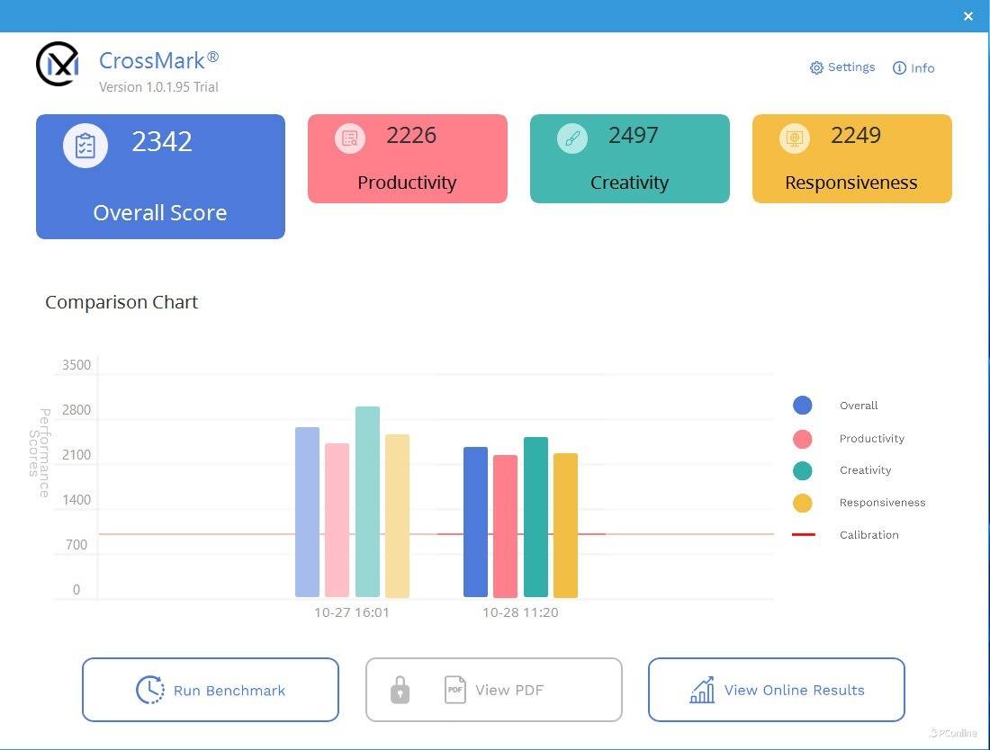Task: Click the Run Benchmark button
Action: (211, 690)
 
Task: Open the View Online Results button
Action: (776, 690)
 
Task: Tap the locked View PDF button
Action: (493, 690)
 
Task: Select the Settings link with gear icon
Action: (842, 67)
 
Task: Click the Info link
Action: (913, 68)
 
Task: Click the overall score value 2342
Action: (162, 142)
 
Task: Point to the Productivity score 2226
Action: (411, 136)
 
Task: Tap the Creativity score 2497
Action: (634, 136)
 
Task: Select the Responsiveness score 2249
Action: (856, 136)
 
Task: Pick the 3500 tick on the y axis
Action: (76, 365)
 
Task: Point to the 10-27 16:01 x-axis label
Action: (352, 612)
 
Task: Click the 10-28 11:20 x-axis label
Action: (520, 612)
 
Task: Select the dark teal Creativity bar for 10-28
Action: (535, 517)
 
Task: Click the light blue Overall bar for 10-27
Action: (307, 512)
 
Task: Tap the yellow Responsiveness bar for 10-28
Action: (565, 525)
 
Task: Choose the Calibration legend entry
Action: (868, 535)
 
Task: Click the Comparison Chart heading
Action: (121, 302)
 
